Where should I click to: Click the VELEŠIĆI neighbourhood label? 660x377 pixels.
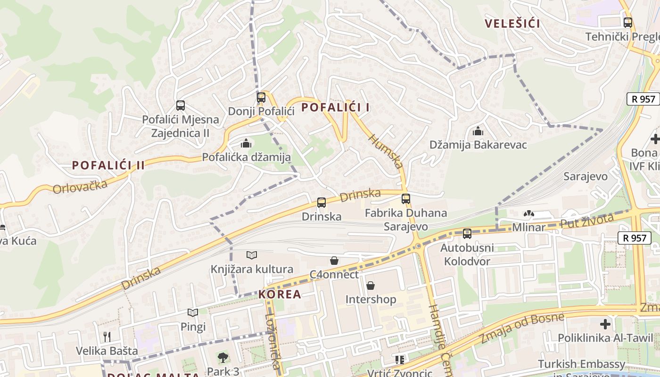512,24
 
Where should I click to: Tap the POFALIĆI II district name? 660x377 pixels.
108,165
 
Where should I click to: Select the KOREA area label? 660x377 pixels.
280,294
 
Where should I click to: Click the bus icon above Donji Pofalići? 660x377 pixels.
261,98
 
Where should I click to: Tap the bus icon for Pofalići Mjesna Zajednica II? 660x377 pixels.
181,106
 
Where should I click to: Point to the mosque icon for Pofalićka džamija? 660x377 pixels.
246,143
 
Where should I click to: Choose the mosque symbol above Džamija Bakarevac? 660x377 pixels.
478,131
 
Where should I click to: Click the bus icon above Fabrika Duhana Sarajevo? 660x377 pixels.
406,199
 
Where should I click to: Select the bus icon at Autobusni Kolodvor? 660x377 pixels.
467,233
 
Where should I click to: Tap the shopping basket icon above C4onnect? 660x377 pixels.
334,260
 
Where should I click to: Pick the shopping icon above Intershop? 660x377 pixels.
371,286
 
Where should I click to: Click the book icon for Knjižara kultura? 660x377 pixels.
252,255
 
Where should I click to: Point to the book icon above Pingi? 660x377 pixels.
193,312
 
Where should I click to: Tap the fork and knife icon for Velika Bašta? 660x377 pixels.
107,336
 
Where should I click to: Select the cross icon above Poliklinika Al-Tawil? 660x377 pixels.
605,324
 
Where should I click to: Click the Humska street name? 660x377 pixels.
386,151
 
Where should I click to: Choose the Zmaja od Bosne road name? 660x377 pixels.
522,328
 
